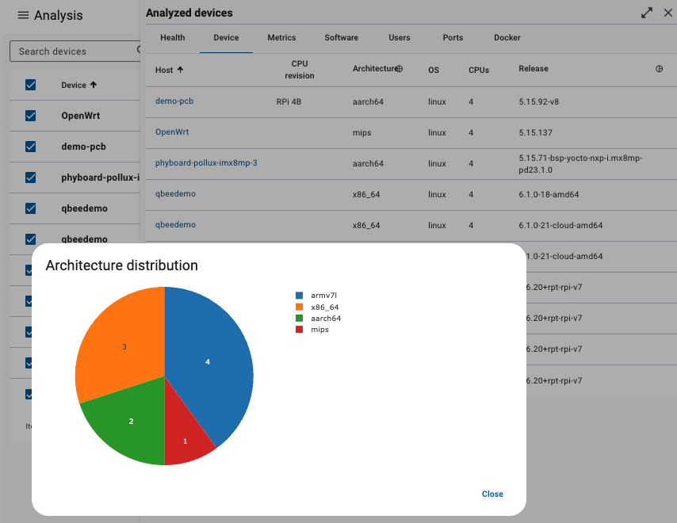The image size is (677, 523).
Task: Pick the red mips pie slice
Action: (x=186, y=440)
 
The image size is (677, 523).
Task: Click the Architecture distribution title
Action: (x=121, y=265)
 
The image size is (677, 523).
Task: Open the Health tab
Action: (x=172, y=37)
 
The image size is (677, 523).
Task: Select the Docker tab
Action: (x=507, y=37)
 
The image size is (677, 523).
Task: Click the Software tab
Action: (x=341, y=37)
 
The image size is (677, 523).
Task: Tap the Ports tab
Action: (x=453, y=37)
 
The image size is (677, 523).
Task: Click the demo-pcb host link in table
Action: (x=174, y=101)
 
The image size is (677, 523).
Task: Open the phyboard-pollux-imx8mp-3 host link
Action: (x=206, y=163)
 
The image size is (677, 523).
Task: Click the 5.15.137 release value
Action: (x=535, y=132)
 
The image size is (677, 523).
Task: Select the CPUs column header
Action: (x=478, y=70)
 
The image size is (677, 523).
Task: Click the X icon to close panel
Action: (x=667, y=13)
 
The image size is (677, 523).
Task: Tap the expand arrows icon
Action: (x=648, y=13)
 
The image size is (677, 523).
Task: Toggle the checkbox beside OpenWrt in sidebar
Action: (x=31, y=115)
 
